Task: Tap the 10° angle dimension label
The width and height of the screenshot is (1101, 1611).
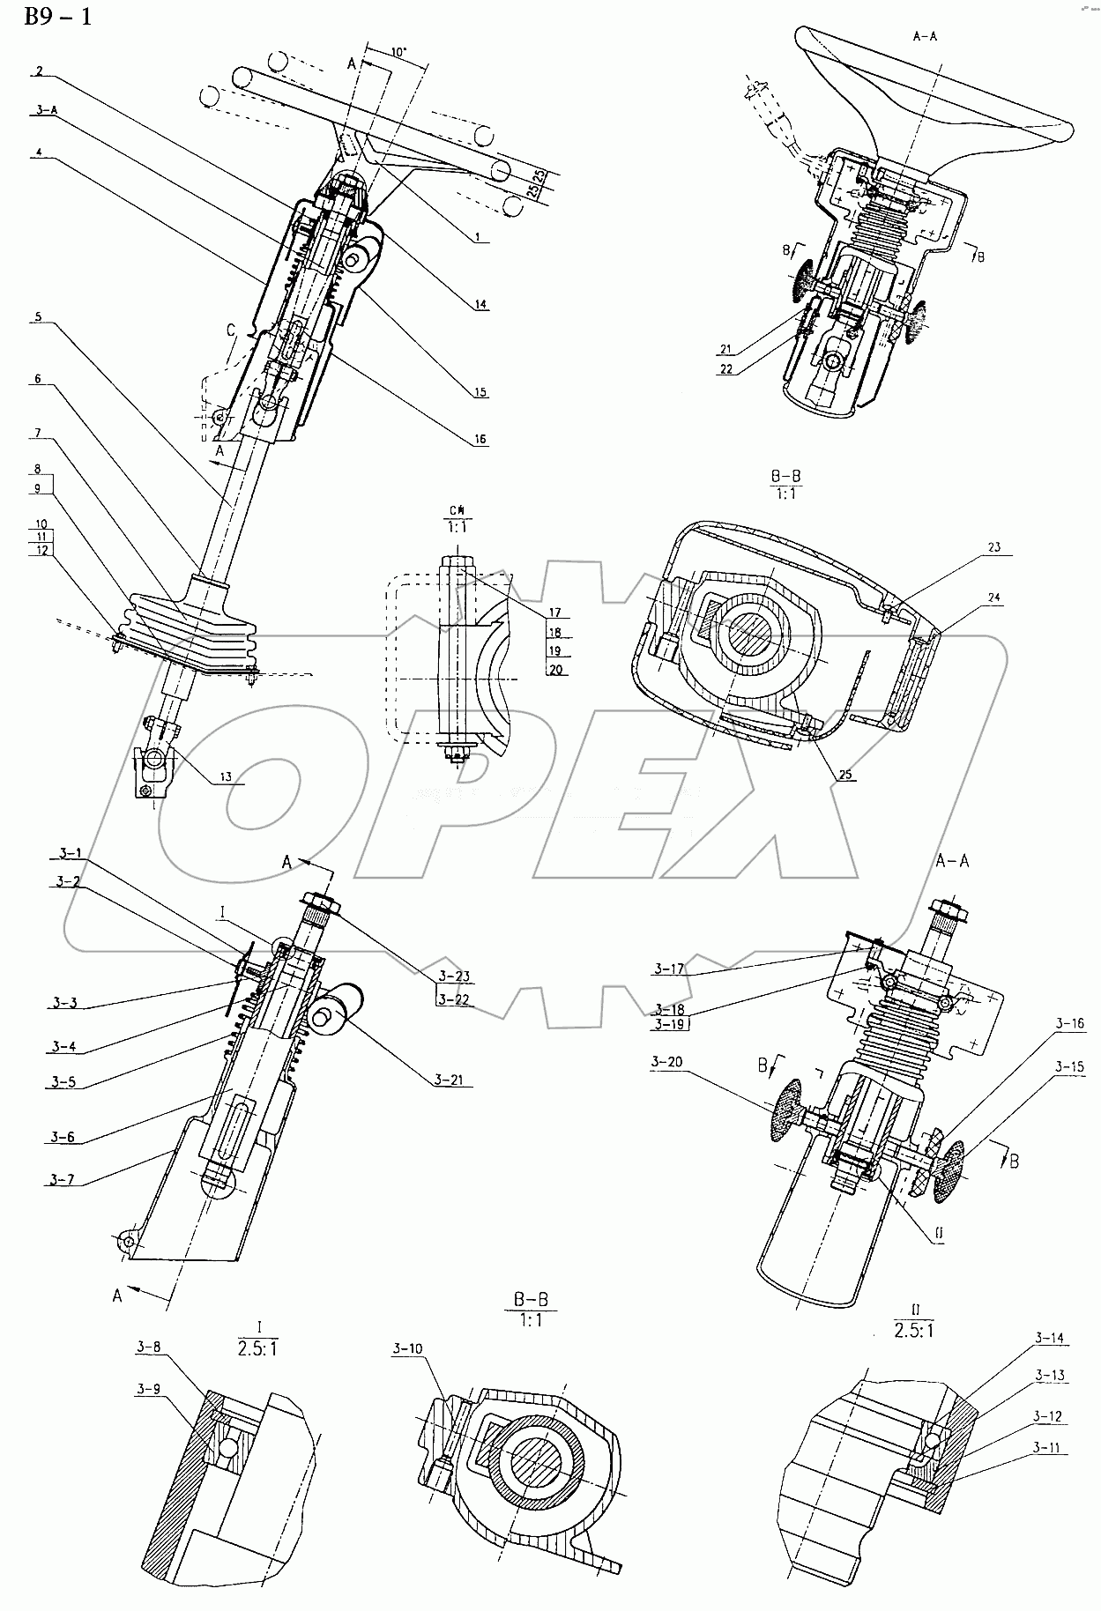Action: click(398, 52)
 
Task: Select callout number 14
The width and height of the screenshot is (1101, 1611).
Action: click(480, 304)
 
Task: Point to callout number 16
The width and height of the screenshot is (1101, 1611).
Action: click(480, 439)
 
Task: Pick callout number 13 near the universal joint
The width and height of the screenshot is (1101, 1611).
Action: click(227, 776)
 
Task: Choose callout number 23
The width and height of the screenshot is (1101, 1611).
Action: click(993, 547)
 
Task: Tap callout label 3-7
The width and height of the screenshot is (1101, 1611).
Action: click(62, 1178)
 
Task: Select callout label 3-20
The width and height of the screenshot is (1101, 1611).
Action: click(667, 1063)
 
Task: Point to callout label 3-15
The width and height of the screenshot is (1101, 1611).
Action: click(1071, 1066)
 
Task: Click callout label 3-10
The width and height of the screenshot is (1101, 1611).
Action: click(407, 1373)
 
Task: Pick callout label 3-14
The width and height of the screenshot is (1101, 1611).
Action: click(1049, 1338)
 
